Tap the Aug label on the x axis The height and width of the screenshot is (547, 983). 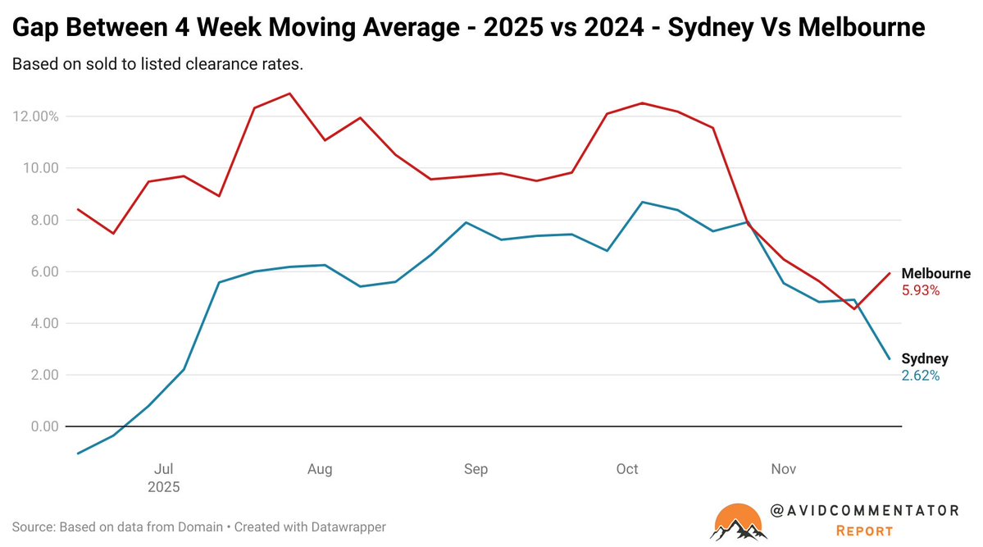(x=320, y=469)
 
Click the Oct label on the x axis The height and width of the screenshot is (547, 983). (x=627, y=469)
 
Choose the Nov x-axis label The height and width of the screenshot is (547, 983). (x=784, y=469)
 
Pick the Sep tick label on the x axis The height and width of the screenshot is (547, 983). (x=476, y=469)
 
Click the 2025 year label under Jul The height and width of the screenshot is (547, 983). (x=163, y=486)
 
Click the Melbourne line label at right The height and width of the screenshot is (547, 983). (x=935, y=274)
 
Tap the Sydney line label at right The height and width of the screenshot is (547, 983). (x=925, y=358)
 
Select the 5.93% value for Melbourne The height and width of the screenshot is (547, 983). (x=921, y=290)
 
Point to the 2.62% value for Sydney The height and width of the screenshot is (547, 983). (x=920, y=376)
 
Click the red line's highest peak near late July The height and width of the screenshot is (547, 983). (x=289, y=93)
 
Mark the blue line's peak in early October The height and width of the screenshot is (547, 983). (x=642, y=202)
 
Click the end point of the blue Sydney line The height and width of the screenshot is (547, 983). (x=890, y=358)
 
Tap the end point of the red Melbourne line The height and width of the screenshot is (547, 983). (x=890, y=273)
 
